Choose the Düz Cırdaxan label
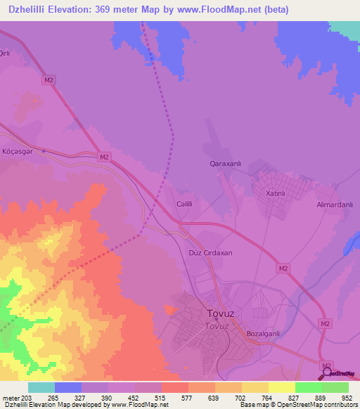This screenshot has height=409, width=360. [x=211, y=252]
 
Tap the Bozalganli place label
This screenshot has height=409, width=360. [x=264, y=333]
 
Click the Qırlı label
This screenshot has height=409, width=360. [x=6, y=54]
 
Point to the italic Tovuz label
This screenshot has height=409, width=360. [x=217, y=326]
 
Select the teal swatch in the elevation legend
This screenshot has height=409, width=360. [x=41, y=387]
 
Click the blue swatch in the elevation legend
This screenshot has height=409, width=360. [x=67, y=387]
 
